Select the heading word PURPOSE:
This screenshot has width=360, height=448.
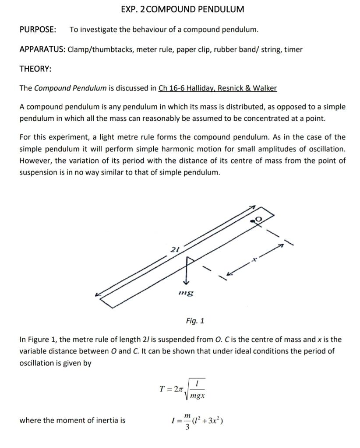point(38,30)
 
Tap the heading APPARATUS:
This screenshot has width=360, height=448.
point(42,49)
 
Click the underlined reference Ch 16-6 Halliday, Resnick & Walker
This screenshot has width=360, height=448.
point(218,88)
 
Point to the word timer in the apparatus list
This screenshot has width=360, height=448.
point(293,49)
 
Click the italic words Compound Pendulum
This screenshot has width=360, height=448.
point(70,88)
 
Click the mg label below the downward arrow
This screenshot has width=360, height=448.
point(186,292)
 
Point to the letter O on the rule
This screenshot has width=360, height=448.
point(258,219)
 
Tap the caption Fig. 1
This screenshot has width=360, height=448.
point(195,321)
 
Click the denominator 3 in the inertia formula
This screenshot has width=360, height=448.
point(187,427)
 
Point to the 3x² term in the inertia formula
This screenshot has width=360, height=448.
point(215,421)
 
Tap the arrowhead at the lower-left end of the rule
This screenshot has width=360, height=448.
point(98,295)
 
